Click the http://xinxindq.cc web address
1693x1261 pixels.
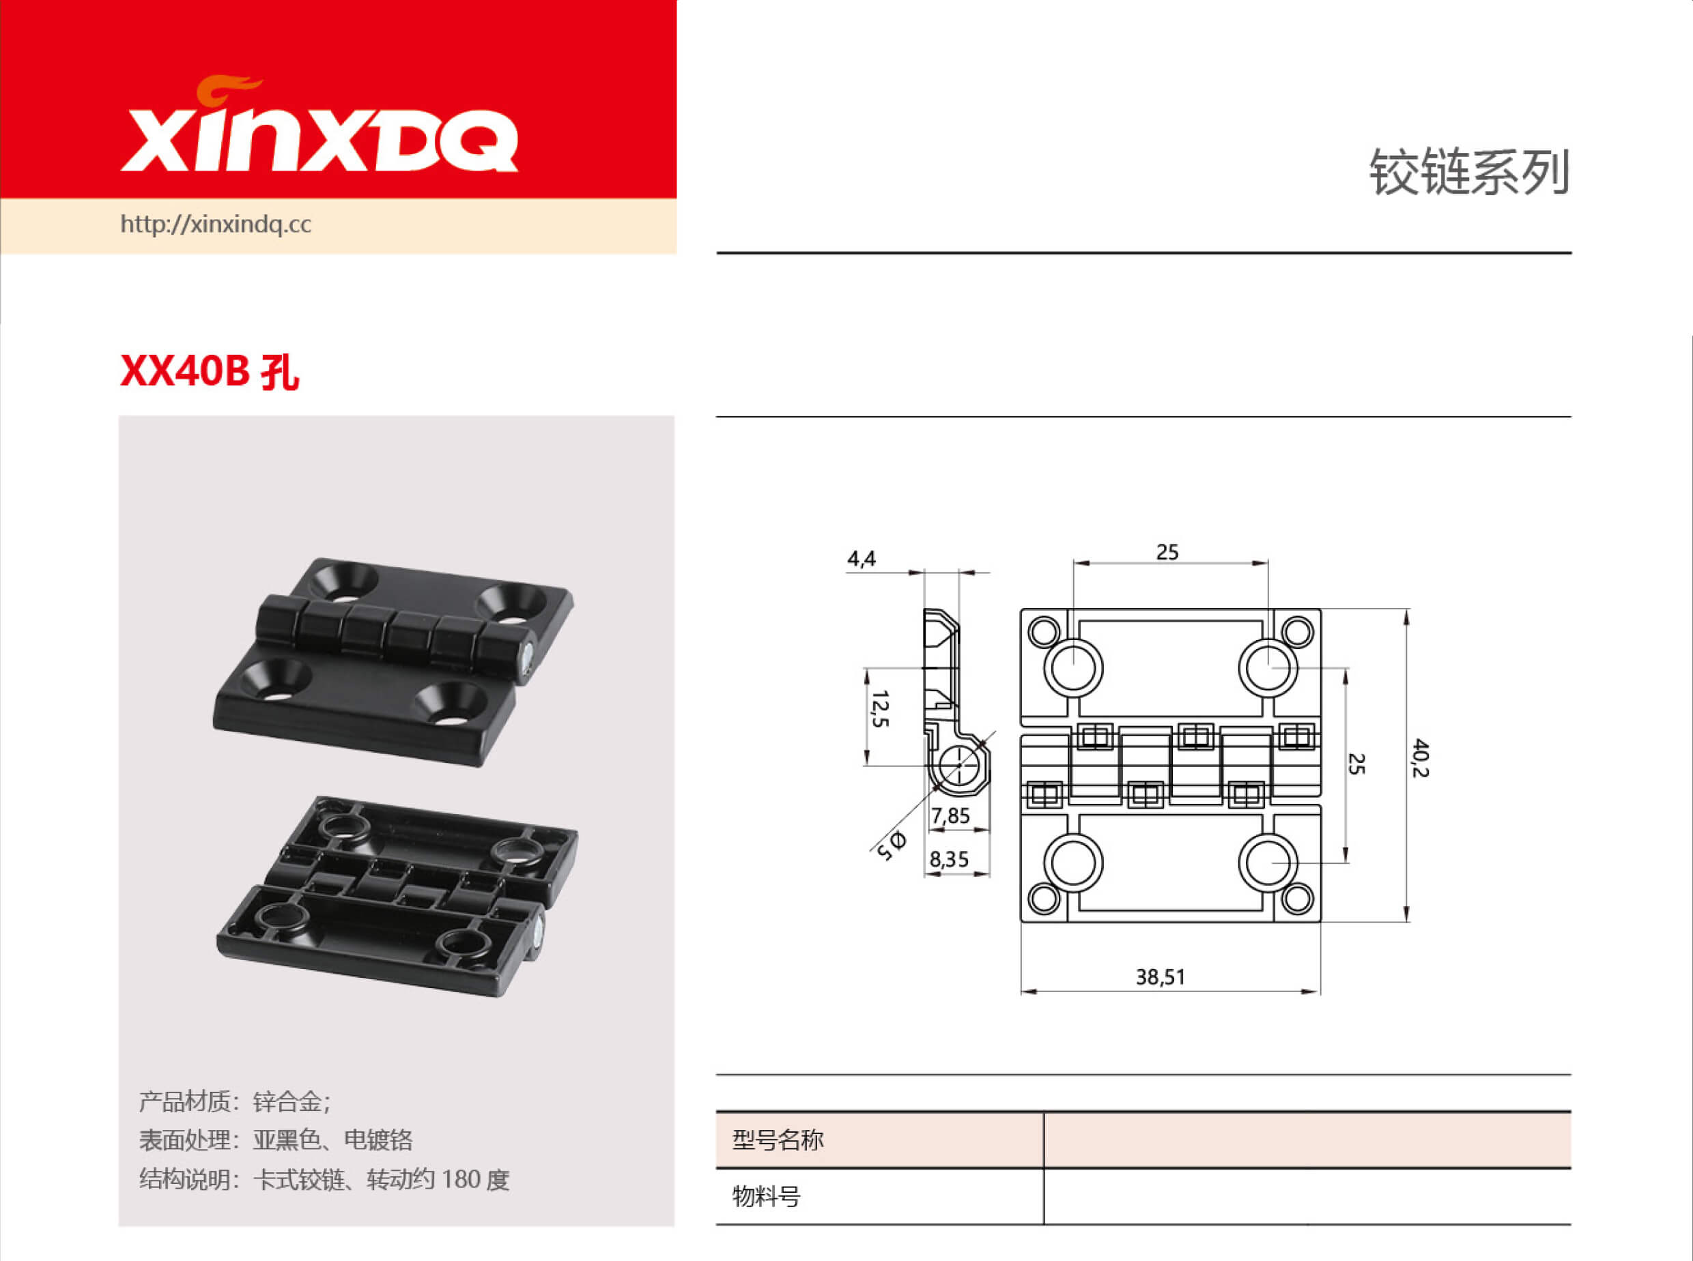(215, 224)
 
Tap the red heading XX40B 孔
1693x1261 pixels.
(210, 373)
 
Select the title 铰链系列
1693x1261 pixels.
(1468, 173)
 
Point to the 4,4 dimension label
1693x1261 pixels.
(862, 560)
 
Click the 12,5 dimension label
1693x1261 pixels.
(881, 708)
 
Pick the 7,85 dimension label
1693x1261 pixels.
(950, 816)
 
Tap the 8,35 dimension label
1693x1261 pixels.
(948, 860)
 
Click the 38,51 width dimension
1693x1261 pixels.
(1160, 977)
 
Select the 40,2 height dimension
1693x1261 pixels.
(1420, 757)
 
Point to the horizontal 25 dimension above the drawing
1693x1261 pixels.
(1167, 552)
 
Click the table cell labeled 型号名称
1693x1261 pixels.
(778, 1140)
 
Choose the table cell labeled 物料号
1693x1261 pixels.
(766, 1195)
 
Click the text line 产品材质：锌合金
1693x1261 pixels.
(234, 1101)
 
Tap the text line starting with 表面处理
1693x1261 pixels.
(276, 1140)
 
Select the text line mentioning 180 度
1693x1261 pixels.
(324, 1179)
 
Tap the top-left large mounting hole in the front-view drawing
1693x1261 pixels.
(1073, 667)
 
